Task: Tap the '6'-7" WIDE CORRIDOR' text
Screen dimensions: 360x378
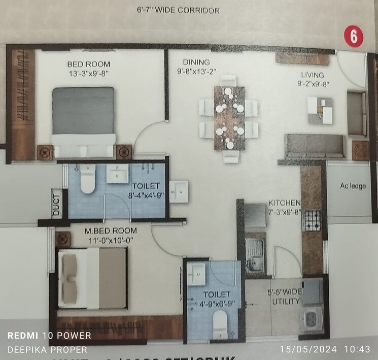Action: pyautogui.click(x=178, y=10)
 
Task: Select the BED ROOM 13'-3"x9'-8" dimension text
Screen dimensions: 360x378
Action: pyautogui.click(x=89, y=73)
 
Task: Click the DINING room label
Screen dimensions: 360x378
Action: pyautogui.click(x=193, y=62)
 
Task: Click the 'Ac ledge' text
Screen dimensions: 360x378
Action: pyautogui.click(x=353, y=186)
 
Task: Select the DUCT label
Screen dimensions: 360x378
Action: pyautogui.click(x=56, y=203)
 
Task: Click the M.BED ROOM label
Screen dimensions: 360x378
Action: pyautogui.click(x=111, y=231)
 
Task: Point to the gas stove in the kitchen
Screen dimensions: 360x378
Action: pyautogui.click(x=312, y=220)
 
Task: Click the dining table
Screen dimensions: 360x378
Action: pyautogui.click(x=229, y=118)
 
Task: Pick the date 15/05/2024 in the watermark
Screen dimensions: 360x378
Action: pyautogui.click(x=304, y=349)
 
